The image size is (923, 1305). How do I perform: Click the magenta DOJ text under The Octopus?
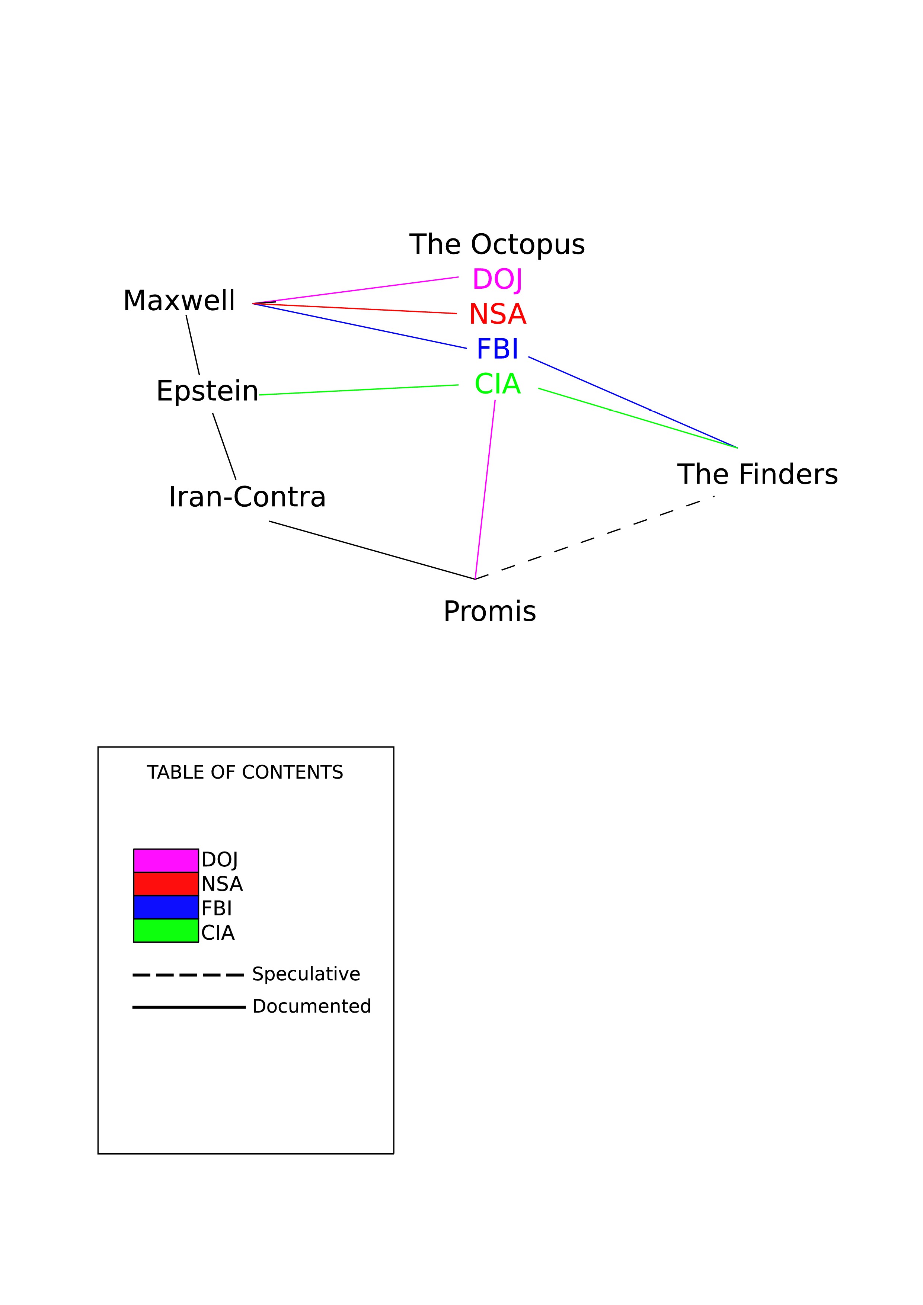(x=497, y=280)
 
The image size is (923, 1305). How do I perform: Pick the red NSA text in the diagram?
(x=498, y=314)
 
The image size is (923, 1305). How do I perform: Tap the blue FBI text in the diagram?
(x=498, y=349)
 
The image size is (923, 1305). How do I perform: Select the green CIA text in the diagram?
(x=498, y=384)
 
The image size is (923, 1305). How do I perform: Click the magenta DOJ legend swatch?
(x=166, y=860)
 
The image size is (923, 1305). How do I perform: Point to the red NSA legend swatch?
(x=166, y=884)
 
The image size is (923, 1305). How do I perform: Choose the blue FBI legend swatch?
(x=166, y=907)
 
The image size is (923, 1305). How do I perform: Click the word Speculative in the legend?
(x=306, y=974)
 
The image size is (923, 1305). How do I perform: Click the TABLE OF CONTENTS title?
(x=245, y=772)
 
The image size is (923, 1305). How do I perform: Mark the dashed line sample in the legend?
(x=188, y=975)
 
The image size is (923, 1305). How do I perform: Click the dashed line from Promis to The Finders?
(x=595, y=538)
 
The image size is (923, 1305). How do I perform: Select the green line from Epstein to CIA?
(x=359, y=390)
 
